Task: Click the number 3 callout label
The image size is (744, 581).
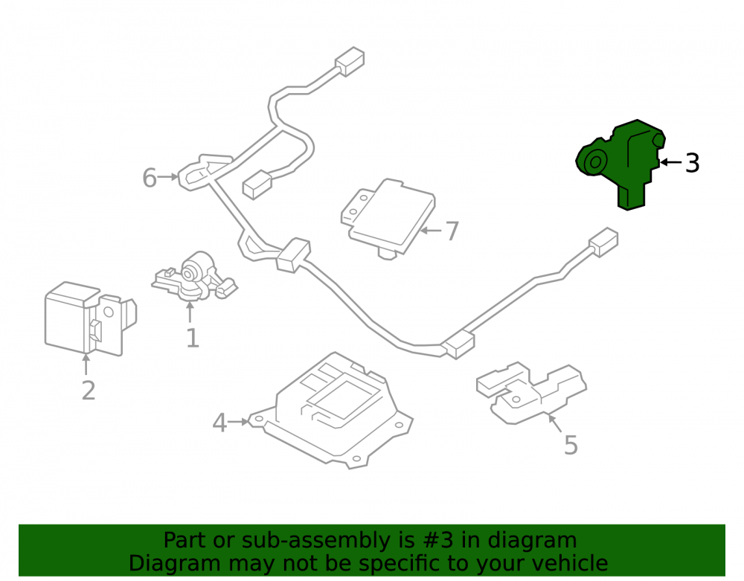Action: pos(692,163)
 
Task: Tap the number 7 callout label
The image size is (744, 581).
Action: pos(452,231)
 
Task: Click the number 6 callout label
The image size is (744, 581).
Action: pos(150,178)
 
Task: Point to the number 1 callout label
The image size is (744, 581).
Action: pos(192,338)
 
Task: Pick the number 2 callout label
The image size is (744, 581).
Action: pos(89,391)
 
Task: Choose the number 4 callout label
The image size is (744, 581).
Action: pos(219,423)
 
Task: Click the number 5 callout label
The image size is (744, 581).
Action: pos(571,445)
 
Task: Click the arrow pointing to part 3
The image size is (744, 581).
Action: pos(671,162)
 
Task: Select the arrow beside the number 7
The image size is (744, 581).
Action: pos(431,231)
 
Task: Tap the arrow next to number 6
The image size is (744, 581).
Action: pos(168,177)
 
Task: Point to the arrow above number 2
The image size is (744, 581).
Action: pos(86,365)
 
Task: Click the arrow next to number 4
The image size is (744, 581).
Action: pos(238,421)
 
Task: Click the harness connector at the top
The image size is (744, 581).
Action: pos(350,61)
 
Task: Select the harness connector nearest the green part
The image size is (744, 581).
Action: pos(603,243)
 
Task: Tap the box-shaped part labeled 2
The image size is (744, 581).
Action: pos(90,318)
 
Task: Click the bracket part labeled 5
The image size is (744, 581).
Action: pos(531,392)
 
